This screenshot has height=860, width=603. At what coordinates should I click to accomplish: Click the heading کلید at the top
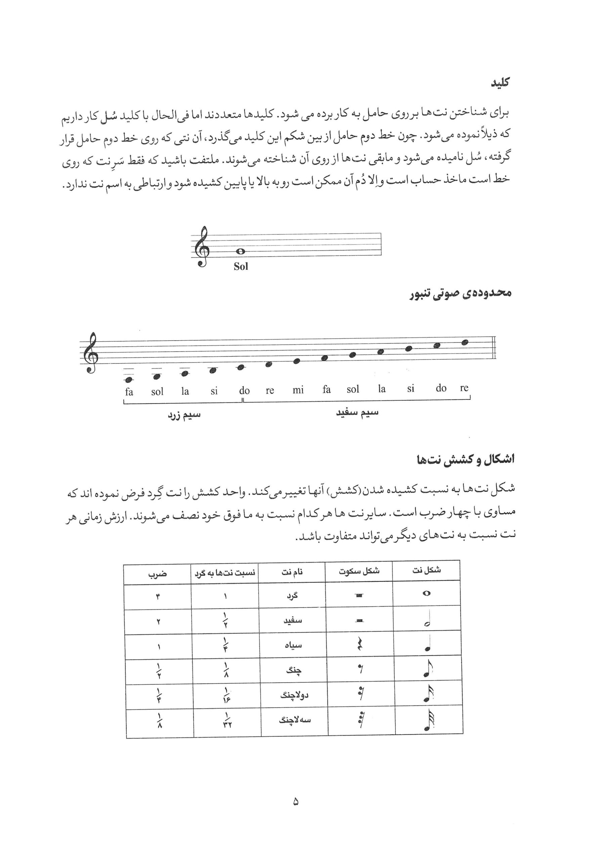coord(500,83)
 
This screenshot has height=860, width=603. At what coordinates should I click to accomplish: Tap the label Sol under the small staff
coord(241,266)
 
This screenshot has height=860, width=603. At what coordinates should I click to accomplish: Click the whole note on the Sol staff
coord(241,251)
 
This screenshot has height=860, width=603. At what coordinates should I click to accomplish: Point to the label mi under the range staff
coord(298,390)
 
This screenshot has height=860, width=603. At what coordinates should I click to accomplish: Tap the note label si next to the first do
coord(214,391)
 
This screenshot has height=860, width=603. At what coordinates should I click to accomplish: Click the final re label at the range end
coord(464,388)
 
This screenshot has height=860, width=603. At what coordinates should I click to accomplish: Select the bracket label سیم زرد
coord(183,416)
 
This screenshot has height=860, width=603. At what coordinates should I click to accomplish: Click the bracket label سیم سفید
coord(357,413)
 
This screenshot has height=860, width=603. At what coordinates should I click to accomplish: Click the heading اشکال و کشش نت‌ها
coord(466,459)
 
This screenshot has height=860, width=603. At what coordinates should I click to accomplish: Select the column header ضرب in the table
coord(157,574)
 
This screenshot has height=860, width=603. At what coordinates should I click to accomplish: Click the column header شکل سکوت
coord(359,571)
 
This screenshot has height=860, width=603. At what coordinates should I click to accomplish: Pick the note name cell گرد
coord(292,595)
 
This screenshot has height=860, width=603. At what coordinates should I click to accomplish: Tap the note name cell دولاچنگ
coord(294,695)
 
